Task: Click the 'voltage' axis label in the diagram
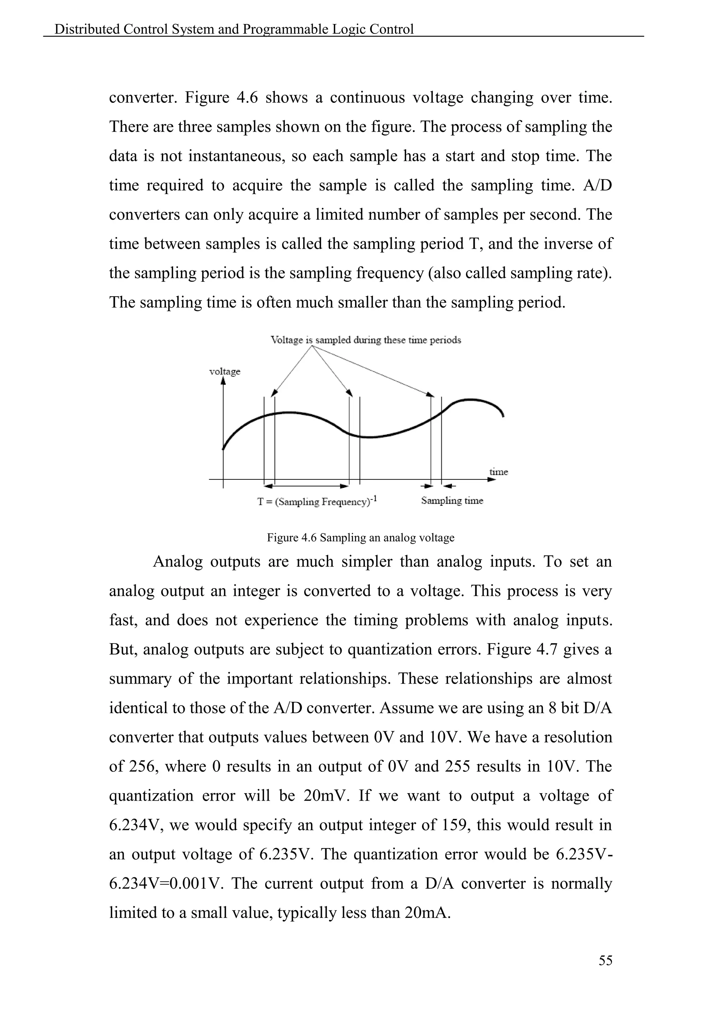225,371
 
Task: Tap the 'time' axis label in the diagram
498,472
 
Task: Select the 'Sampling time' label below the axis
452,501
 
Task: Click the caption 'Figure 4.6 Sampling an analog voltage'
361,537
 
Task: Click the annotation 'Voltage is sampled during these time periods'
366,340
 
